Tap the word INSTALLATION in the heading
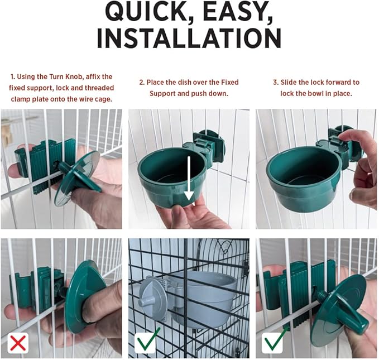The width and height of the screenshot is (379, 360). [x=189, y=37]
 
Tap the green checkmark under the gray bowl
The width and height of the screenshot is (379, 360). [x=148, y=339]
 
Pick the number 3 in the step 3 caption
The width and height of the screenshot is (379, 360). [x=275, y=82]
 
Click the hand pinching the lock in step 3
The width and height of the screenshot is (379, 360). [x=360, y=162]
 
